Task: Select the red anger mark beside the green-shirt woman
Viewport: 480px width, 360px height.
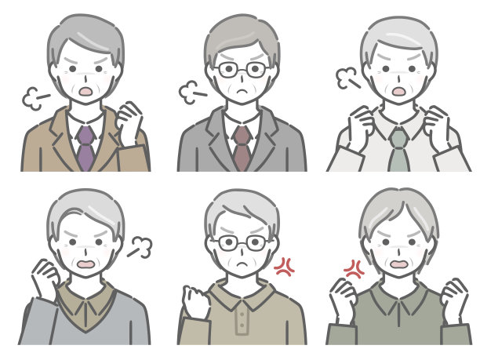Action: click(x=355, y=271)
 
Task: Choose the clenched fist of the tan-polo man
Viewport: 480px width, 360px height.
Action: click(x=195, y=301)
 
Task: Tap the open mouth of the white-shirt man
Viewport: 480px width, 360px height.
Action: click(x=398, y=91)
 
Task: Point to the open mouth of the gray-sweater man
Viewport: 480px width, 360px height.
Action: click(x=85, y=264)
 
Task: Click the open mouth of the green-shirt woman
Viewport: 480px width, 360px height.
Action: click(x=398, y=264)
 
